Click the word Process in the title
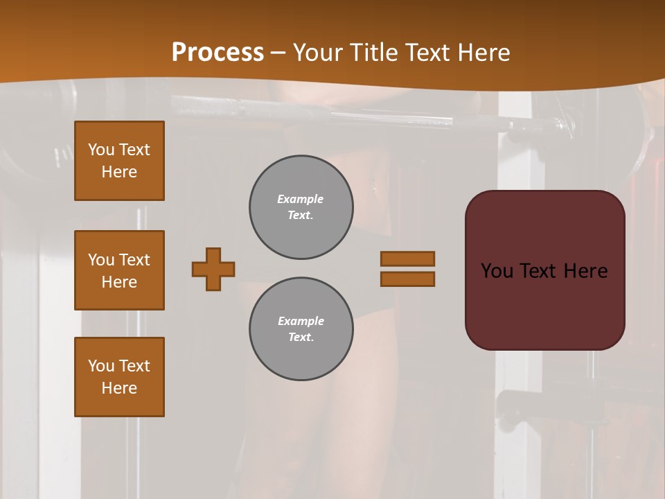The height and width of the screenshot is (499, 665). point(218,53)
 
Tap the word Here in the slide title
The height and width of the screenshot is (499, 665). point(482,53)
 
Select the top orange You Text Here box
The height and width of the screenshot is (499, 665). point(119,161)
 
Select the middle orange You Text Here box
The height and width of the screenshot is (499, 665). point(119,270)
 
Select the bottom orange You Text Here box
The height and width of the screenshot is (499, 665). point(119,377)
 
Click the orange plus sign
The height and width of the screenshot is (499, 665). point(213,269)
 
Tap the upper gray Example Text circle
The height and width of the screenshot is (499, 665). point(301,207)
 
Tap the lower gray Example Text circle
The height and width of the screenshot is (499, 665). point(301,329)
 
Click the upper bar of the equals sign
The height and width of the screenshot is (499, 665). point(408,259)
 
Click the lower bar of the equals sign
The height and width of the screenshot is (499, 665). point(408,279)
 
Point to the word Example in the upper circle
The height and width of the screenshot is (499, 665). point(301,199)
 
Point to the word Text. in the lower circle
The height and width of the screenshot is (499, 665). point(301,338)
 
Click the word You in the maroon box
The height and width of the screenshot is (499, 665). point(497,271)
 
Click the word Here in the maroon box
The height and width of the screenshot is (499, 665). point(585,271)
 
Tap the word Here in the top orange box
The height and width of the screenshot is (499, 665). point(119,172)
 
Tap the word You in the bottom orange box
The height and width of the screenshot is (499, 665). point(101,366)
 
